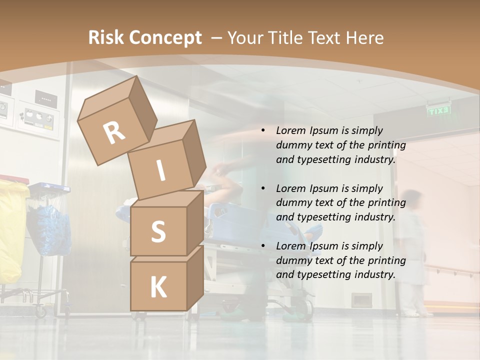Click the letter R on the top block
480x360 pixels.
114,132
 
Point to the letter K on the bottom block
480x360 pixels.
158,287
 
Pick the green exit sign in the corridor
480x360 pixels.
439,110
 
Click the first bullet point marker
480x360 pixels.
263,131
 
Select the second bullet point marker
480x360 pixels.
263,188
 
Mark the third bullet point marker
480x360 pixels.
263,246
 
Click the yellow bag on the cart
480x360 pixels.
11,230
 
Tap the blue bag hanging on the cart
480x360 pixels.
49,227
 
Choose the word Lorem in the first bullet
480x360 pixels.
291,131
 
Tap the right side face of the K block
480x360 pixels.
195,277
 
